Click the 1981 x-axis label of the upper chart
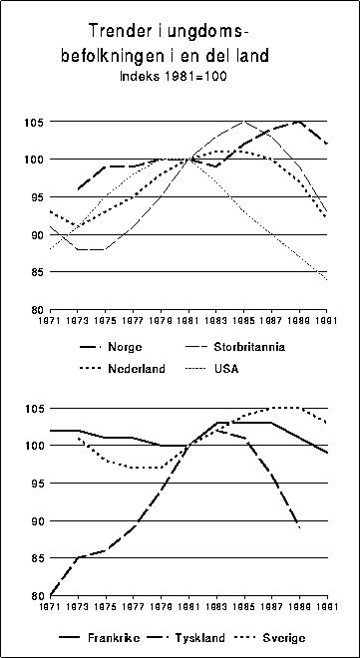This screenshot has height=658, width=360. (188, 321)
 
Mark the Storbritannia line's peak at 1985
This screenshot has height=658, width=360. (243, 122)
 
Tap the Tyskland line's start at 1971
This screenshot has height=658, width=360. (51, 595)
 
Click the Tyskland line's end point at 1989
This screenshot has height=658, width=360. (298, 527)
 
